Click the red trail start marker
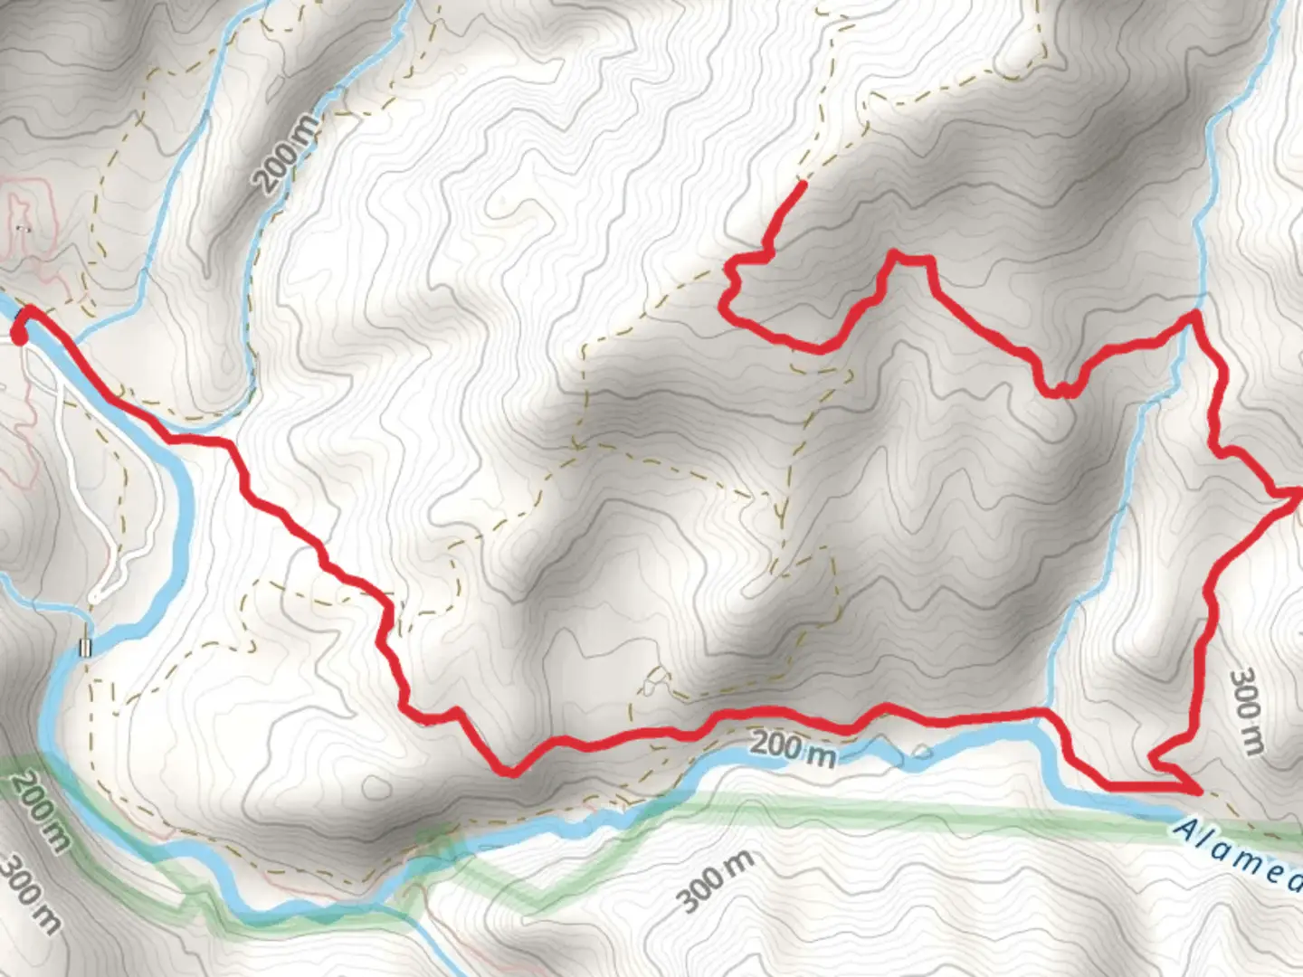(x=18, y=336)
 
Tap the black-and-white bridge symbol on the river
(x=86, y=647)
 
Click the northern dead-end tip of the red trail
(x=803, y=184)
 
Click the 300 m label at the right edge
(x=1248, y=710)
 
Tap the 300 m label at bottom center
(x=715, y=881)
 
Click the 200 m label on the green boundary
(x=41, y=811)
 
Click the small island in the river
(x=922, y=751)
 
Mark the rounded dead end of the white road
(x=96, y=597)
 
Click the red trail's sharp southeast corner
(x=1199, y=790)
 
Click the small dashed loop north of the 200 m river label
(x=656, y=681)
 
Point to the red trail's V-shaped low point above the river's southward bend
(x=510, y=772)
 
